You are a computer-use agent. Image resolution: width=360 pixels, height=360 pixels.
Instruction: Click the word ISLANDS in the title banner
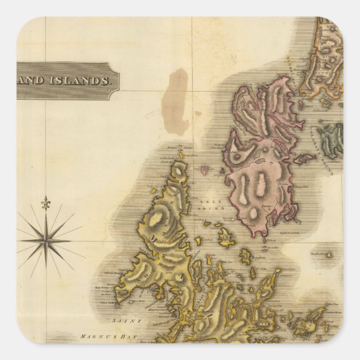(x=83, y=80)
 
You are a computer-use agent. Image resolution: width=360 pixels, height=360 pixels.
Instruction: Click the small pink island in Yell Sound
(x=204, y=168)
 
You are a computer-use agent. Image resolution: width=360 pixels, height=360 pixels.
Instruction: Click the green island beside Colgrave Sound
(x=330, y=140)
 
